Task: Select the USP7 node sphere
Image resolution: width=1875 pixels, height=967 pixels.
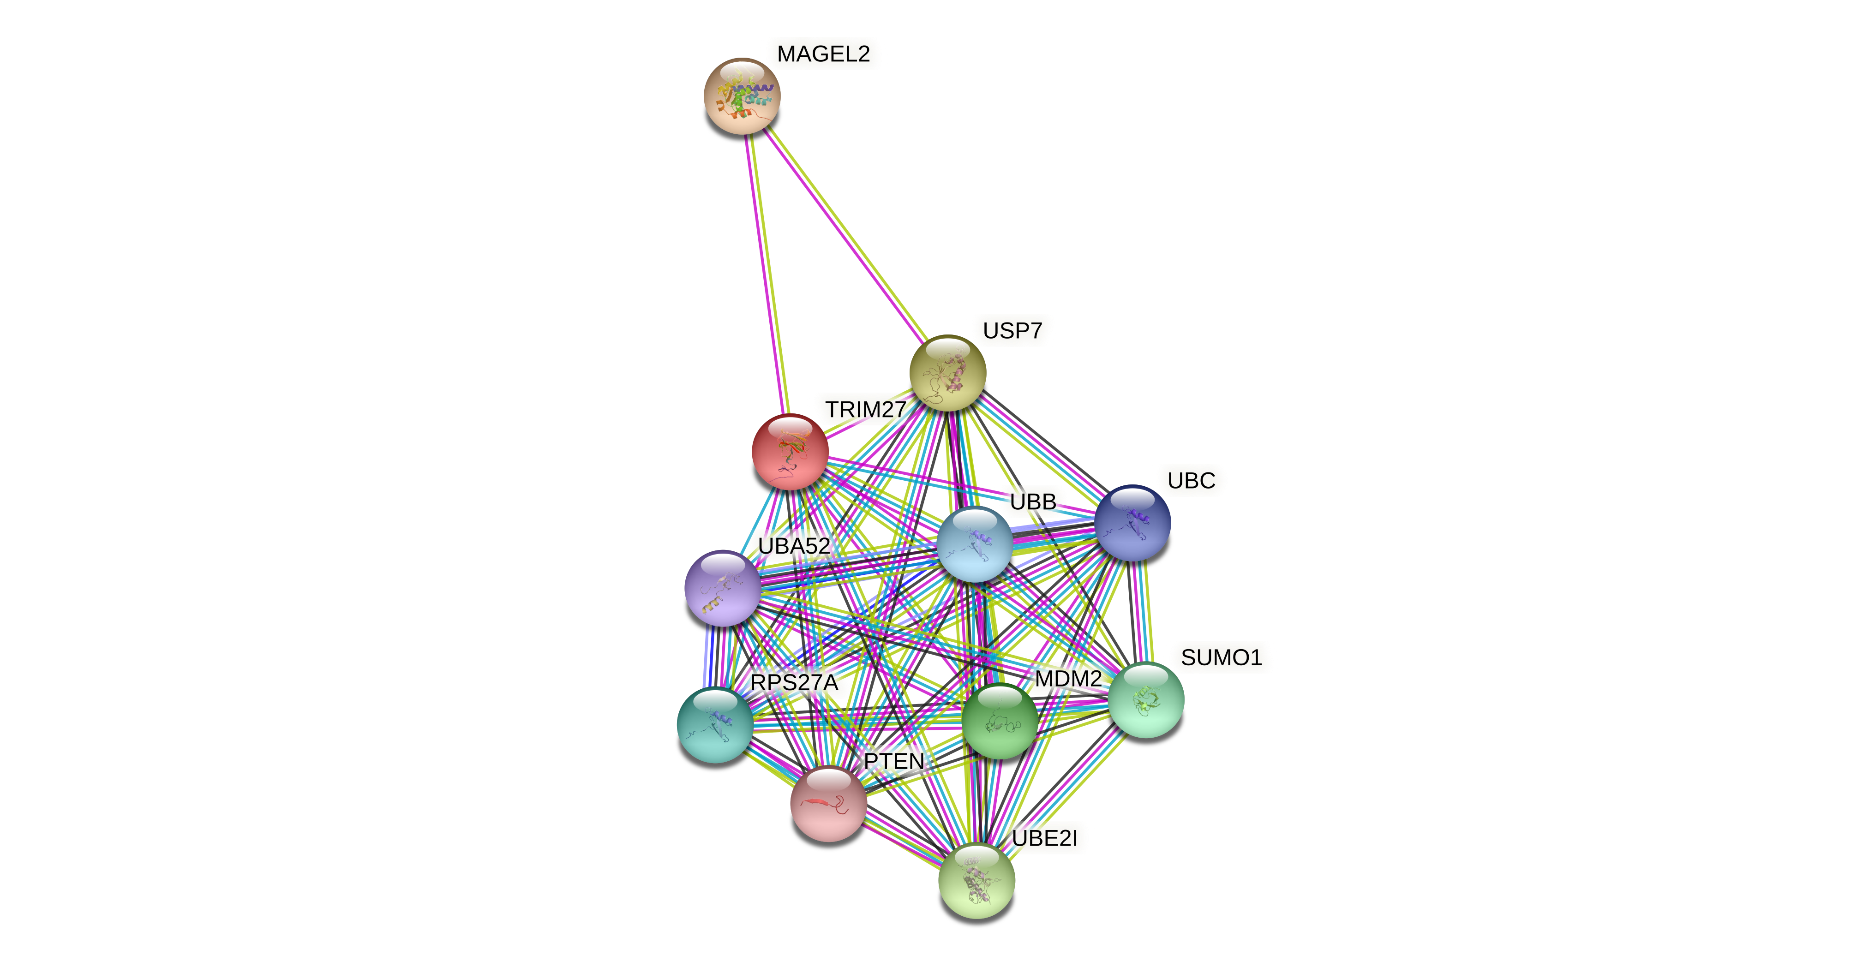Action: pos(948,372)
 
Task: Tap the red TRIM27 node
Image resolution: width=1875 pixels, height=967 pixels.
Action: pos(790,451)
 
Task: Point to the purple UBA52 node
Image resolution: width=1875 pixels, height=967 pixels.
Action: pos(723,588)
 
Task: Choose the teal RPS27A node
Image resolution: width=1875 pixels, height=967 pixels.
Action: pos(715,724)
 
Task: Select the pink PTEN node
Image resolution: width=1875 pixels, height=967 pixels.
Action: pos(828,803)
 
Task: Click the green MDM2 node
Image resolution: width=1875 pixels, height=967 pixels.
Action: pos(1000,720)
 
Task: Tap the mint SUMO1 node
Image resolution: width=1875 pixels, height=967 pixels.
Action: pos(1146,700)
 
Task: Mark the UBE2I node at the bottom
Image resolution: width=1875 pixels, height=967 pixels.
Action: pos(976,880)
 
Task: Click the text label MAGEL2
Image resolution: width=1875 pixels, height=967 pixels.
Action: pos(823,54)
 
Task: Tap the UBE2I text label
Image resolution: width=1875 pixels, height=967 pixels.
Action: pos(1044,839)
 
